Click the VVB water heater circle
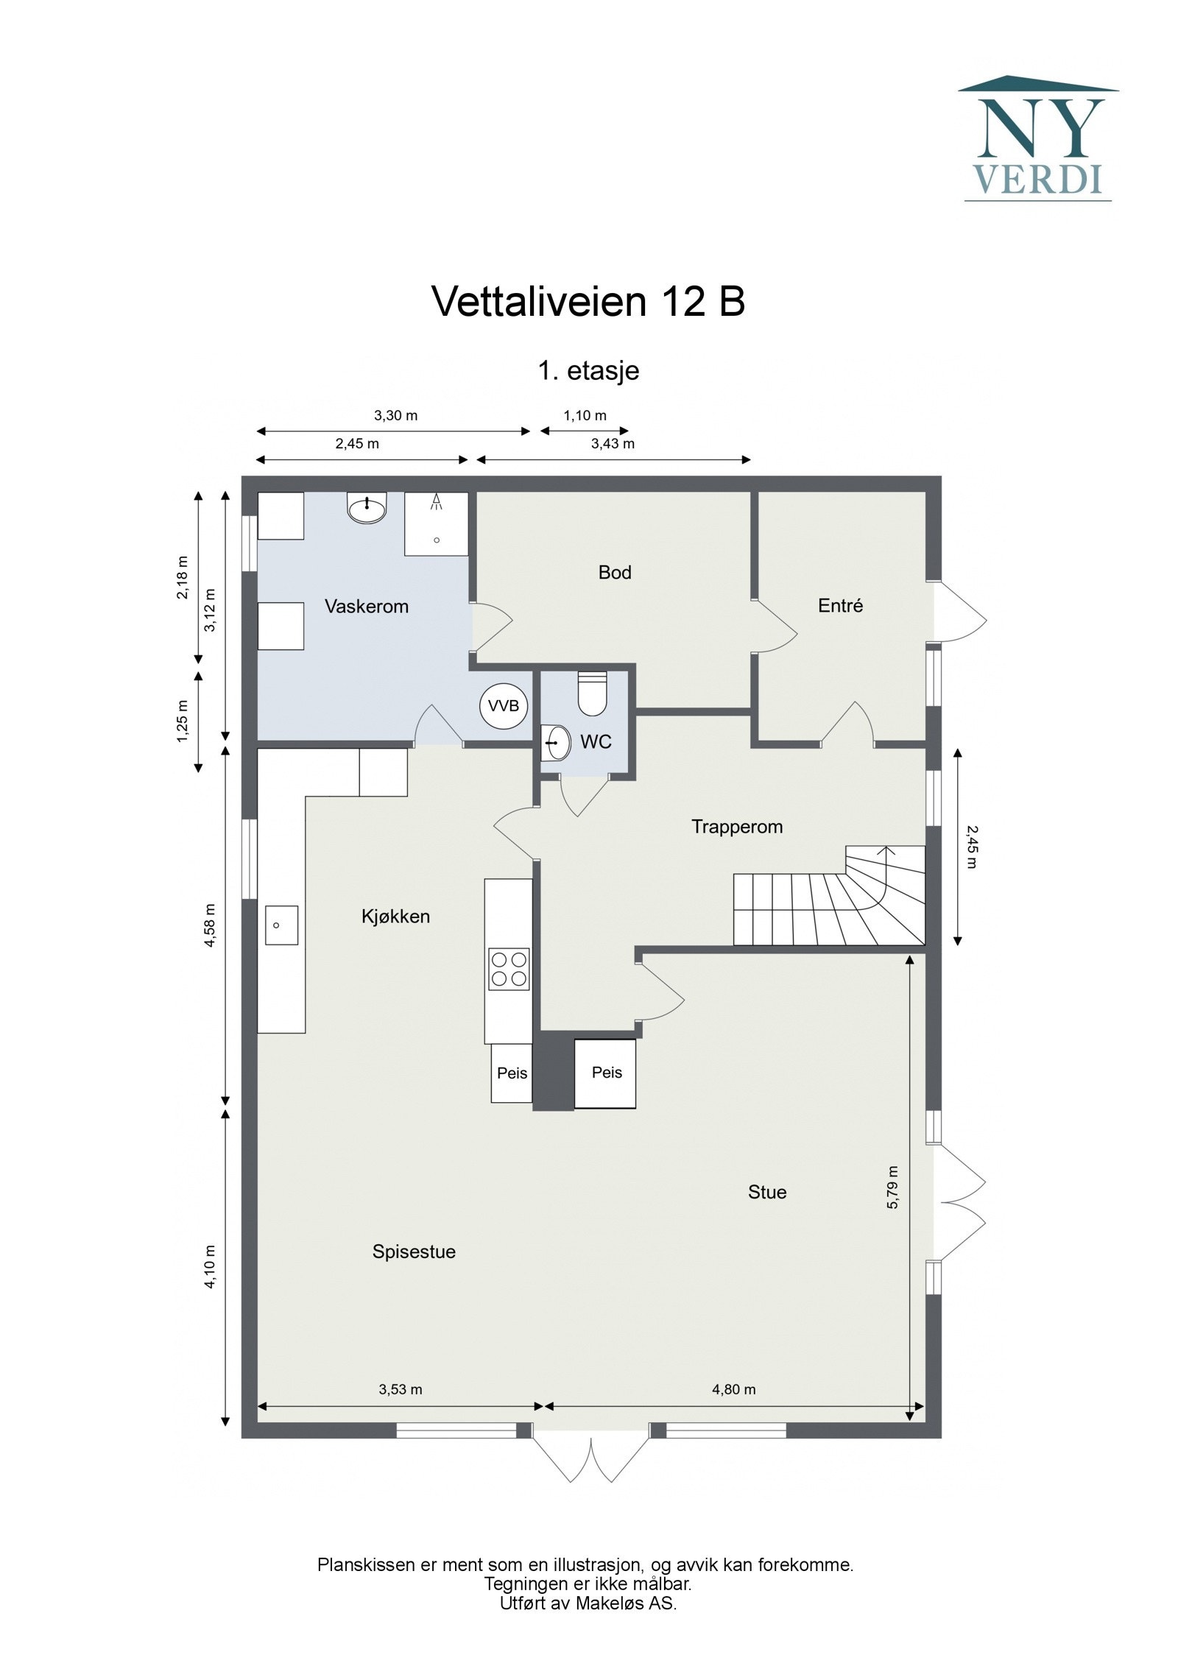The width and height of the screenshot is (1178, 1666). (504, 706)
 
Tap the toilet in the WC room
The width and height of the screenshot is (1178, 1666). (591, 693)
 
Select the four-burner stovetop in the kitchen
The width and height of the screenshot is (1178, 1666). (509, 970)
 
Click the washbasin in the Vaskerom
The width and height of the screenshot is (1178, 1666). (367, 509)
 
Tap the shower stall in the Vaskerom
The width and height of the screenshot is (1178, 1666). (436, 523)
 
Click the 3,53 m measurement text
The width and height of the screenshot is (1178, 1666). (401, 1388)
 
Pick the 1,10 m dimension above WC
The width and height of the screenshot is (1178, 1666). (585, 416)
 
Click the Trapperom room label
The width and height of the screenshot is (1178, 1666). (736, 827)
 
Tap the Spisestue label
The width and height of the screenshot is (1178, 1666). (414, 1252)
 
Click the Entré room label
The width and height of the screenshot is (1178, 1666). (840, 606)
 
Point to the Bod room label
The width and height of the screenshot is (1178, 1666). (615, 572)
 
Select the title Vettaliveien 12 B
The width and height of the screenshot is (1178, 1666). (588, 301)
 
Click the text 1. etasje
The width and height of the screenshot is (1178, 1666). (588, 370)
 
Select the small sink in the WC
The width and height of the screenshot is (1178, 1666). (557, 742)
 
